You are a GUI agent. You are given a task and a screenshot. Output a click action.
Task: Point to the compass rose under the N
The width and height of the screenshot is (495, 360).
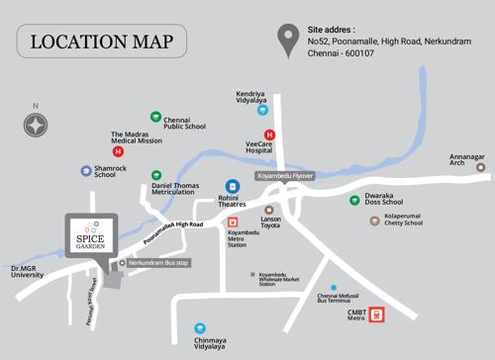point(37,125)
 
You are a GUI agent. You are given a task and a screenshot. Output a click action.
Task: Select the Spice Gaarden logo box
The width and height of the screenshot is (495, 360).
point(89,234)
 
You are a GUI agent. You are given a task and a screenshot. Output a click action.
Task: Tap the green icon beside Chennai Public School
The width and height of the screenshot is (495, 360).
point(155,117)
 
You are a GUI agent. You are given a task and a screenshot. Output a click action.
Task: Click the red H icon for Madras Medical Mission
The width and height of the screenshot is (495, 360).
point(119,152)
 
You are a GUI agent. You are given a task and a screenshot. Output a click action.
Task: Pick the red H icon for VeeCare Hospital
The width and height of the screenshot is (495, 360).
point(268,135)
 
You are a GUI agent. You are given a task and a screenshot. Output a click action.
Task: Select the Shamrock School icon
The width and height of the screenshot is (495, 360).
point(86,171)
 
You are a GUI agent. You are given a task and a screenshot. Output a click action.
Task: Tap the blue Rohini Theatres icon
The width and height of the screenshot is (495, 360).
point(233,185)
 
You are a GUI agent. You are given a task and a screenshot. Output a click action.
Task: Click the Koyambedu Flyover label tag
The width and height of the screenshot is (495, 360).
point(285,175)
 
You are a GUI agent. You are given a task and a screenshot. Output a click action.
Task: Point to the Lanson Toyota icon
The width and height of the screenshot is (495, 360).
point(265,209)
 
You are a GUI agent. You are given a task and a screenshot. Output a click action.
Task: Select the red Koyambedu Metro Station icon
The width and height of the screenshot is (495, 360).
point(234,222)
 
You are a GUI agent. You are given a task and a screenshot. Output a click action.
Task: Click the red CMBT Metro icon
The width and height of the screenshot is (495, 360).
point(376,315)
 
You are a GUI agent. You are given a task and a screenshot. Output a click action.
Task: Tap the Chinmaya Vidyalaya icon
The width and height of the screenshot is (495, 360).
point(200,327)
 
